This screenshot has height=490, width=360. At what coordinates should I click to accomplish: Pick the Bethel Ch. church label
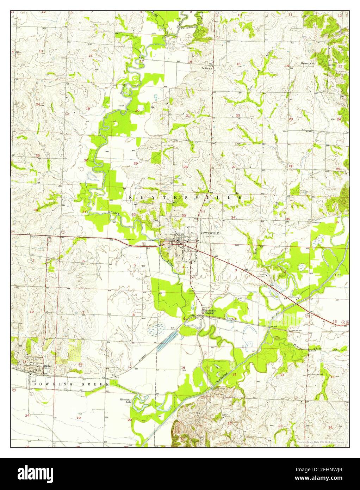pos(207,68)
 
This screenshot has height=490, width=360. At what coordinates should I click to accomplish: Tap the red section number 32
pos(133,214)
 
